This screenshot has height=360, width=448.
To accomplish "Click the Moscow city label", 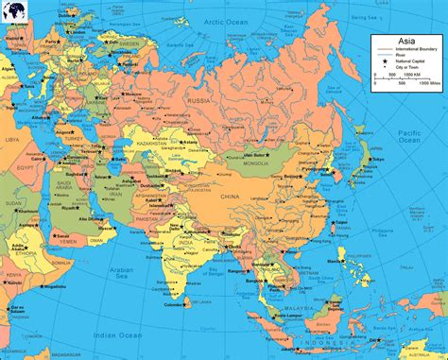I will click(132, 94).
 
